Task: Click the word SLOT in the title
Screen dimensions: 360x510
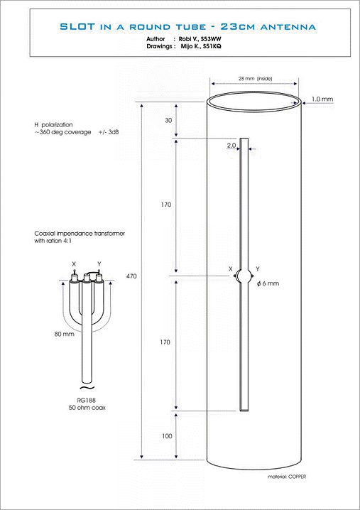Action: tap(77, 27)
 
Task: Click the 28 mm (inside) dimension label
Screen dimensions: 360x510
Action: tap(254, 78)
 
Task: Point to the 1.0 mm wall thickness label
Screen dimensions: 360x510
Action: tap(322, 99)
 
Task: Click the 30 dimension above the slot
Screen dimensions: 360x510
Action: tap(168, 120)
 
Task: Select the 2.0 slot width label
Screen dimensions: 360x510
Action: tap(231, 146)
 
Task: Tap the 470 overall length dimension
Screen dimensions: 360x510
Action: tap(132, 276)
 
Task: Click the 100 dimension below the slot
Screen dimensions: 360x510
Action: tap(167, 436)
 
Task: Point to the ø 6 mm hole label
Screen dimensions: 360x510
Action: tap(268, 283)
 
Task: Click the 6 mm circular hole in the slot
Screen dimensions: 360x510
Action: tap(244, 276)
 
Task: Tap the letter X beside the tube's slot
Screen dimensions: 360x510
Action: tap(231, 269)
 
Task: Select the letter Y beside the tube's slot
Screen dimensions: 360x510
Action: tap(258, 269)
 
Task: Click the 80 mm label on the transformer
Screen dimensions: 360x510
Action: tap(64, 334)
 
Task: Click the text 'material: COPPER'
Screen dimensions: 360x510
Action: tap(287, 477)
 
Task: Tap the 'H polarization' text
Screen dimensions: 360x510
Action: tap(54, 125)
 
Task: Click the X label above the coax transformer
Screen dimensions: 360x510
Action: tap(74, 264)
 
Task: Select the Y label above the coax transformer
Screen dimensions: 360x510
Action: tap(99, 264)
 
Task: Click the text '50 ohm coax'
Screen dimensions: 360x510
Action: tap(87, 407)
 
